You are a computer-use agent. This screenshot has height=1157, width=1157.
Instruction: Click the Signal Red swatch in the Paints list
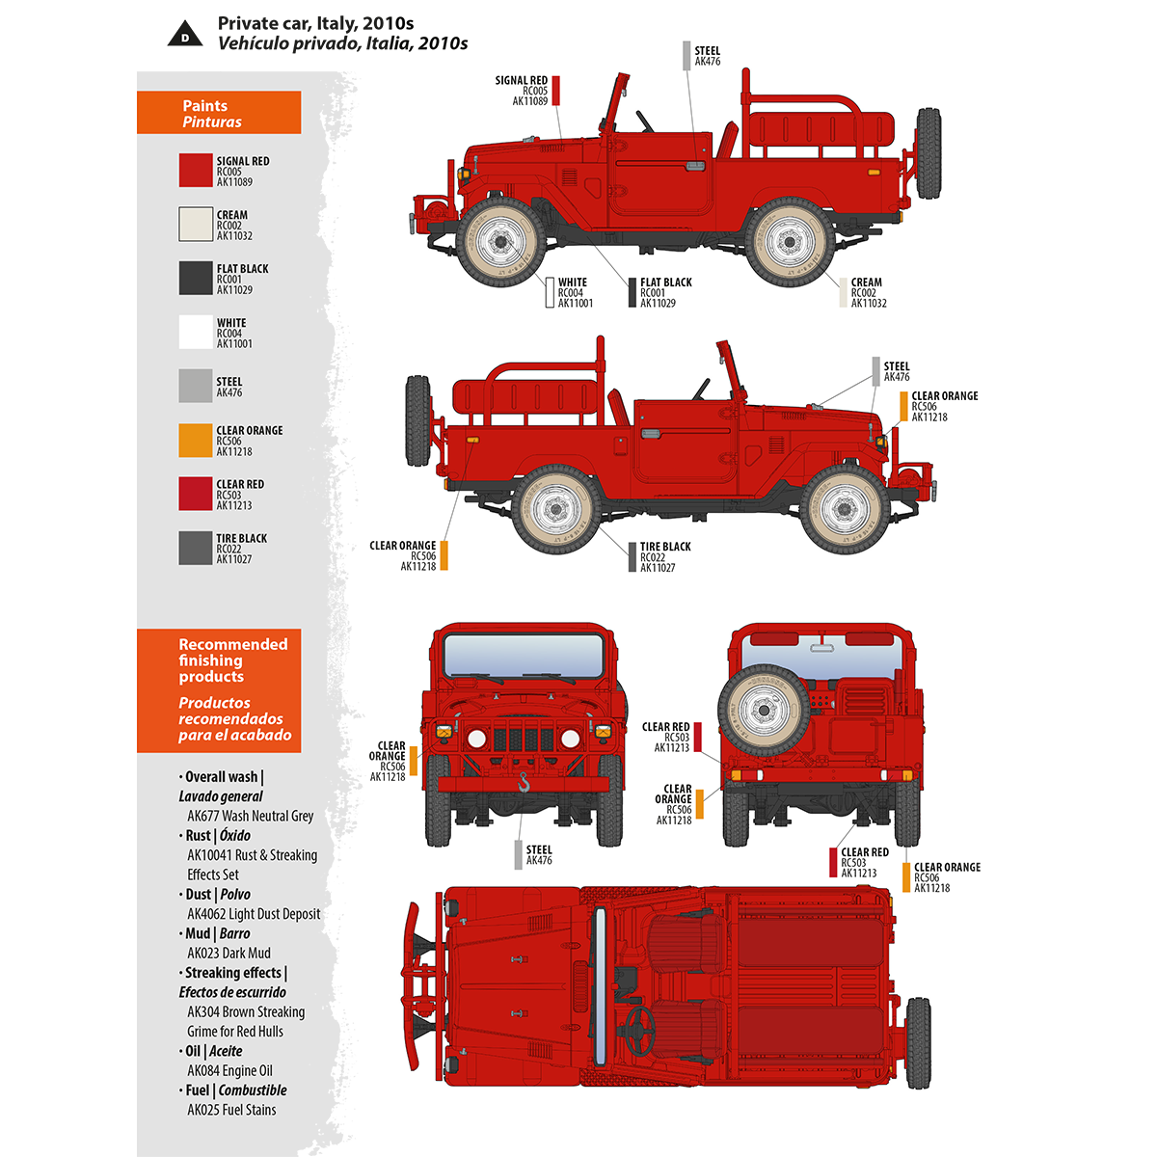[196, 171]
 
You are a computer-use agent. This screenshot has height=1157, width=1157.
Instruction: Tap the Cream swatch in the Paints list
[196, 225]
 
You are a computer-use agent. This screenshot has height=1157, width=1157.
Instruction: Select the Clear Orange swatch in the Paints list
[196, 441]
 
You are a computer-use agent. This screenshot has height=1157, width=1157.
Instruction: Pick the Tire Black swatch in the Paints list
[196, 549]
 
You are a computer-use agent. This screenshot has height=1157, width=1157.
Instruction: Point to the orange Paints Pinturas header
[219, 114]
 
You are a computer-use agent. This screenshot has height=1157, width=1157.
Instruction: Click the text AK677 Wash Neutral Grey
[251, 816]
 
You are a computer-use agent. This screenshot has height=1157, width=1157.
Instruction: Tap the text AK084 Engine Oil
[229, 1070]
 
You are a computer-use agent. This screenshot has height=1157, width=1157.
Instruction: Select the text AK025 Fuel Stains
[231, 1110]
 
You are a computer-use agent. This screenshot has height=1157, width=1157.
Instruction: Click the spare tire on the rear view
[764, 711]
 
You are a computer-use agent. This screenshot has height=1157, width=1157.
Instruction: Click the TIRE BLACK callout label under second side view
[664, 556]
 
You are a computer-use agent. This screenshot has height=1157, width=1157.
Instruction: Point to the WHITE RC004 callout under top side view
[574, 292]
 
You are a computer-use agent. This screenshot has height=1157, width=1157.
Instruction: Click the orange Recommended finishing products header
[219, 689]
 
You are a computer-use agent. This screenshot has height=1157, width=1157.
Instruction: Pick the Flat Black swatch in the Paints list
[196, 279]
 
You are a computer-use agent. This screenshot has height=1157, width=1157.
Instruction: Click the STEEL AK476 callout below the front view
[538, 855]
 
